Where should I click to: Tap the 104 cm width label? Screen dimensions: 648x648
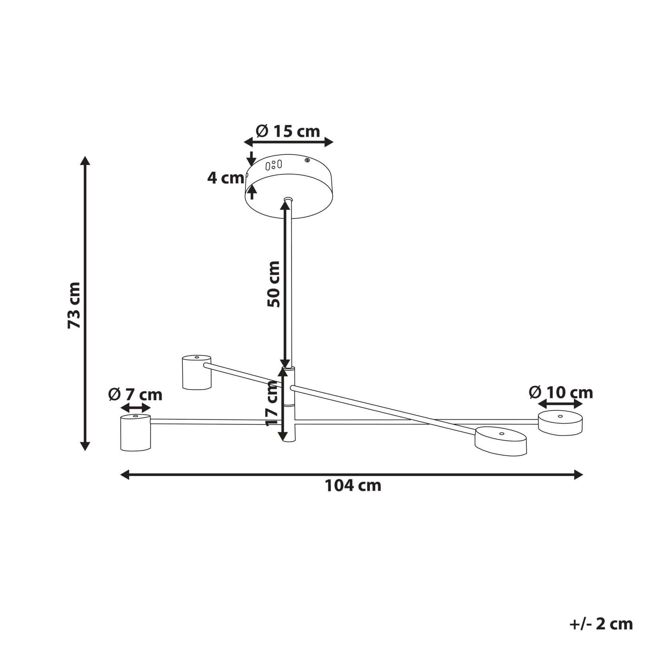coord(353,486)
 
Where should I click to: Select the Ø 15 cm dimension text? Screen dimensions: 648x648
coord(288,131)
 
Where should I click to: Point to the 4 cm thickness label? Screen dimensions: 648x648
coord(226,178)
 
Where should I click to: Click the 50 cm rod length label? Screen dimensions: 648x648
coord(274,284)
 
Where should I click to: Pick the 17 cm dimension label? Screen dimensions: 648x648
coord(272,403)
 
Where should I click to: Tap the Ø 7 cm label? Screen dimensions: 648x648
coord(135,395)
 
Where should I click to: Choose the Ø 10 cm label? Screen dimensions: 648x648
coord(561,392)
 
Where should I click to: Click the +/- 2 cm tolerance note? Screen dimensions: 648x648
coord(601,624)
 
